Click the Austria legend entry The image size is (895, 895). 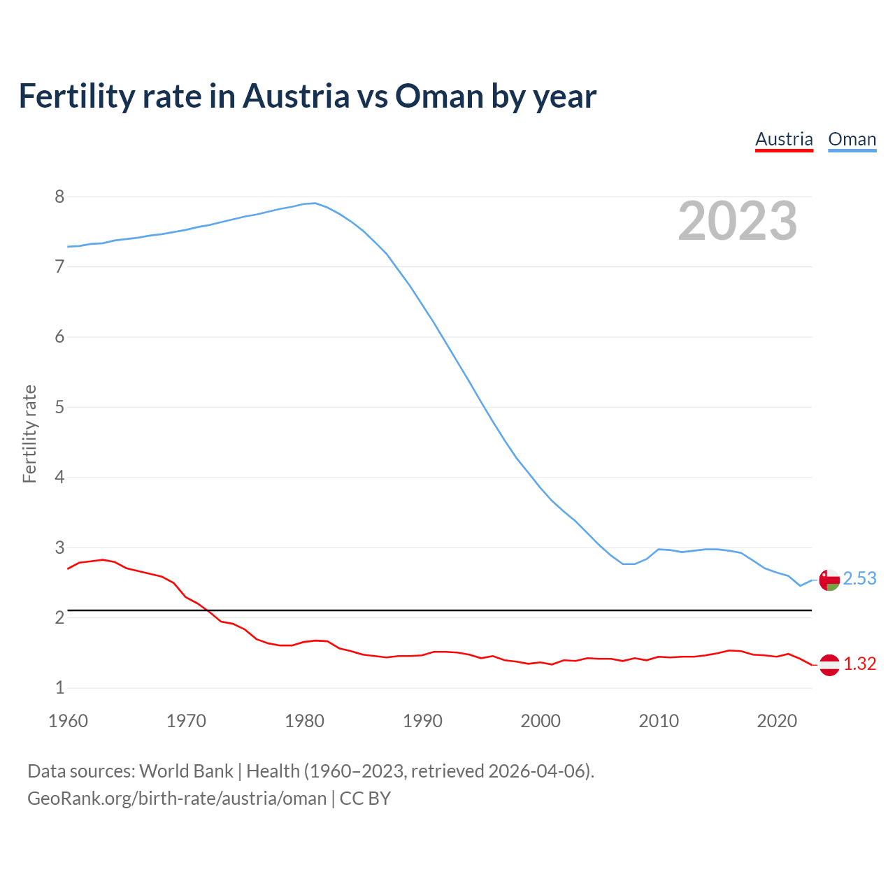pos(784,139)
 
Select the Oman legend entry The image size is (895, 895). pos(852,139)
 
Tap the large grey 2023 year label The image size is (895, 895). pos(738,221)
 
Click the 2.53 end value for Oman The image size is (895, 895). pos(859,579)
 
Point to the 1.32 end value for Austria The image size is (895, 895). pos(859,664)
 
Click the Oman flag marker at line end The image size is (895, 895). pos(829,580)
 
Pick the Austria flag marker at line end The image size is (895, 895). pos(829,665)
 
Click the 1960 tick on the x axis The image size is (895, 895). pos(68,721)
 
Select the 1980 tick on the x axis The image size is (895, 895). pos(304,721)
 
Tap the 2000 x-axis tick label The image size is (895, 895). pos(540,721)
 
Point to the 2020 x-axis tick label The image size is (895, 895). pos(777,721)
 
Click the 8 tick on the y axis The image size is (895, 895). pos(59,197)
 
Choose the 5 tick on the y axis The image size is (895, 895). pos(59,408)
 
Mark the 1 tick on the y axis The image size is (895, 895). pos(59,688)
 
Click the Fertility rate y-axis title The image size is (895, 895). pos(29,434)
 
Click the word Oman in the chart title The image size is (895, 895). pos(439,96)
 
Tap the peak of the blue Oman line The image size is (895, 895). pos(315,203)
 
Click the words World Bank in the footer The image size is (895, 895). pos(186,771)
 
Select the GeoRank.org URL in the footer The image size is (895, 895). pos(177,799)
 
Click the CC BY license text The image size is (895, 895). pos(365,799)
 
